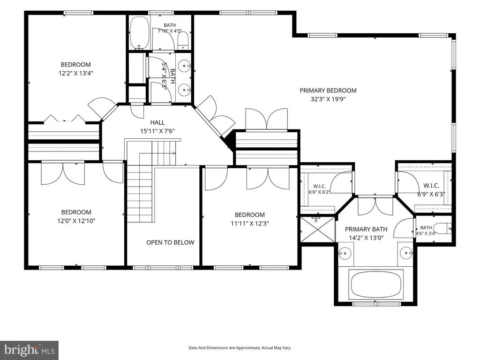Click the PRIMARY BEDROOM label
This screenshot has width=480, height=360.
point(328,90)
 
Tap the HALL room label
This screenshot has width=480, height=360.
point(157,122)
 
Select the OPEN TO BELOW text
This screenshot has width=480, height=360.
point(170,242)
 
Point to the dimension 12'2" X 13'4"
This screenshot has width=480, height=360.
point(75,73)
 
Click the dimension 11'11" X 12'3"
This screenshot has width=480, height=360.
point(249,224)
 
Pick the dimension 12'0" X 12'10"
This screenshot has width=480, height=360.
point(76,221)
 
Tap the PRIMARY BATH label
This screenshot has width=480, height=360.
point(366,229)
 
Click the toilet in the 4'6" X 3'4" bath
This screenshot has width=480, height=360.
point(443,229)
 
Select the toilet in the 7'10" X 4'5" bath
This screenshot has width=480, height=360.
point(183,41)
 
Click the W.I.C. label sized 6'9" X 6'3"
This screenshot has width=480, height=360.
point(431,186)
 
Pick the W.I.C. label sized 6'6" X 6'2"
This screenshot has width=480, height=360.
point(319,186)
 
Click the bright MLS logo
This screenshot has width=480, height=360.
point(30,350)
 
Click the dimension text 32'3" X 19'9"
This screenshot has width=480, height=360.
point(328,99)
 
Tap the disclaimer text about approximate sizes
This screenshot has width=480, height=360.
point(240,348)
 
